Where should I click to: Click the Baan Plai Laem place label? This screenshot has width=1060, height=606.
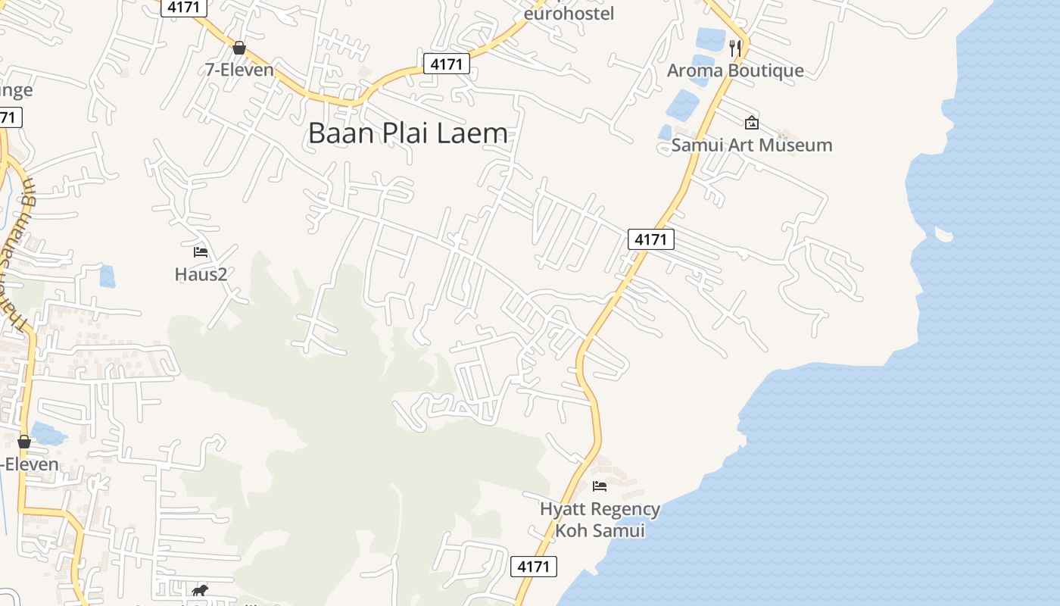pyautogui.click(x=407, y=133)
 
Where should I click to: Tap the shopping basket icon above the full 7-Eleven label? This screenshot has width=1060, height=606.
pyautogui.click(x=239, y=48)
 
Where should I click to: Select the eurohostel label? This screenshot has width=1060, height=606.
pyautogui.click(x=569, y=14)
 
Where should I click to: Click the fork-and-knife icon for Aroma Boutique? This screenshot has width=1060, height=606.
pyautogui.click(x=734, y=48)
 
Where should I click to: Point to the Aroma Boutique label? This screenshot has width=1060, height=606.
pyautogui.click(x=734, y=70)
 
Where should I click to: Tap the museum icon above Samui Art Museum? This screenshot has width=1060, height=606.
pyautogui.click(x=751, y=122)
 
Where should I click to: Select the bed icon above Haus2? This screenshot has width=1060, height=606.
pyautogui.click(x=201, y=251)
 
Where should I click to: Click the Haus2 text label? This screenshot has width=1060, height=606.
pyautogui.click(x=201, y=273)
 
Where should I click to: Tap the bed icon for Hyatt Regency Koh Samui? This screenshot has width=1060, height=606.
pyautogui.click(x=600, y=486)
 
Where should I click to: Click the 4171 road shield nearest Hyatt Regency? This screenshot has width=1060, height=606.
pyautogui.click(x=534, y=566)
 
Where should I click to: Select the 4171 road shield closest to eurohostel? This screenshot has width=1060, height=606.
pyautogui.click(x=446, y=64)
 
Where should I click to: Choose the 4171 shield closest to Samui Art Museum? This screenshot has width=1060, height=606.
pyautogui.click(x=650, y=239)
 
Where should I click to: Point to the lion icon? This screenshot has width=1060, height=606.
pyautogui.click(x=199, y=590)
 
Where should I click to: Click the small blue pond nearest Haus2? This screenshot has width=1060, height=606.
pyautogui.click(x=108, y=276)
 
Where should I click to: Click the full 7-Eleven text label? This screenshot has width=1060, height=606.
pyautogui.click(x=239, y=70)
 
